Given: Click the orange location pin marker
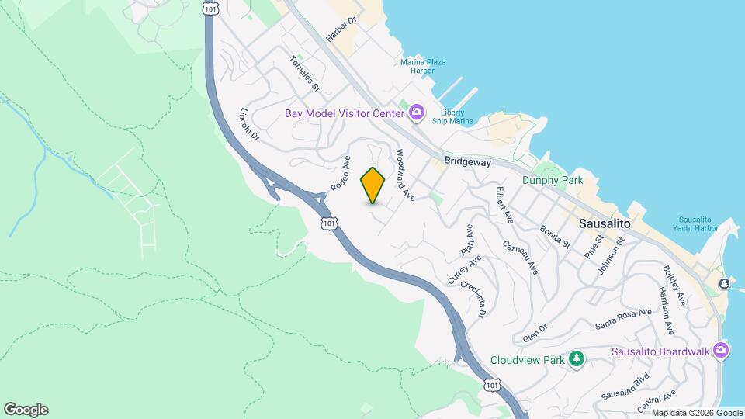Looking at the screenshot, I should [373, 185].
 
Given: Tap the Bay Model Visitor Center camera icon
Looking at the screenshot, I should [417, 113].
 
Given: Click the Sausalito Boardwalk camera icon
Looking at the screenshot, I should [721, 350].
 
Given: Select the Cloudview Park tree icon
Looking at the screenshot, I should [576, 359].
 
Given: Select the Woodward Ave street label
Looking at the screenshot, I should [406, 175].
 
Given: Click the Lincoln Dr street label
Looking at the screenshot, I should [248, 123].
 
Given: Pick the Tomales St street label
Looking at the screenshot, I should [305, 73].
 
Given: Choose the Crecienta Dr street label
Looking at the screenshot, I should [472, 300].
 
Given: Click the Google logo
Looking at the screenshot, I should [26, 410].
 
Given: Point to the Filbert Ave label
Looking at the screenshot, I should [505, 206].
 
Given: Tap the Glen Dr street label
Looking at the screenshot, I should [535, 334].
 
